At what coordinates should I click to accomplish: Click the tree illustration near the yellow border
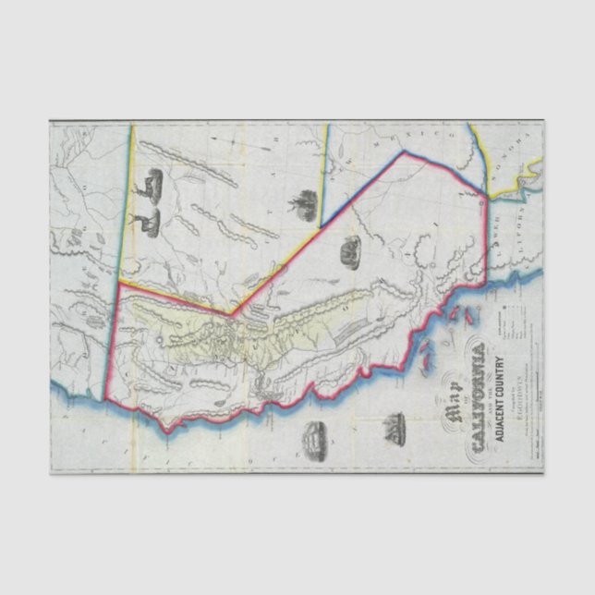coord(301,202)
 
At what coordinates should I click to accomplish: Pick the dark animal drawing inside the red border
coord(350,250)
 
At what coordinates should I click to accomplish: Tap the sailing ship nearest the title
coord(396,426)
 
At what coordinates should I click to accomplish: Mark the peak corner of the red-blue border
coord(404,152)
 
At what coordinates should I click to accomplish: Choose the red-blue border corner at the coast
coord(483,198)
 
